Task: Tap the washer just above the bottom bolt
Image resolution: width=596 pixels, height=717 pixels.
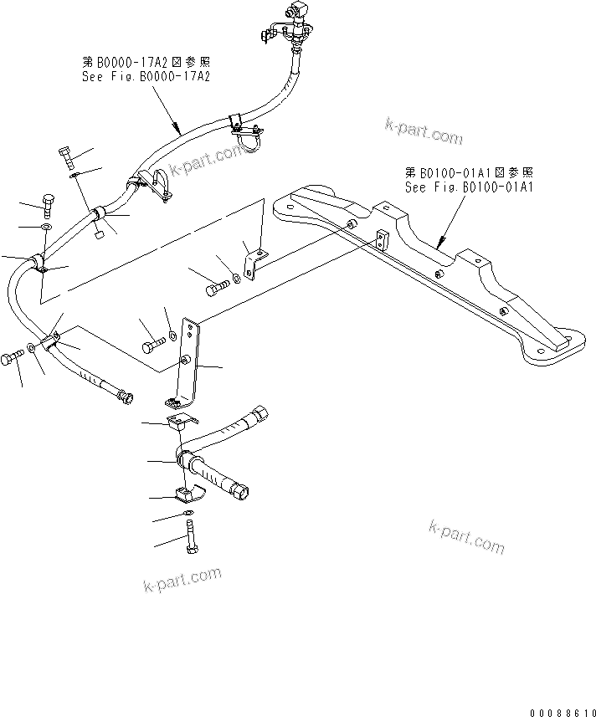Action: (188, 512)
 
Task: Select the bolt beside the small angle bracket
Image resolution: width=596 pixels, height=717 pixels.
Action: (216, 289)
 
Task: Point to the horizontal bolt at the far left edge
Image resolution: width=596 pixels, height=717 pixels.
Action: (12, 358)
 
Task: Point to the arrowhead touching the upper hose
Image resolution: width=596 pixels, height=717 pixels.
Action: (178, 131)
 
